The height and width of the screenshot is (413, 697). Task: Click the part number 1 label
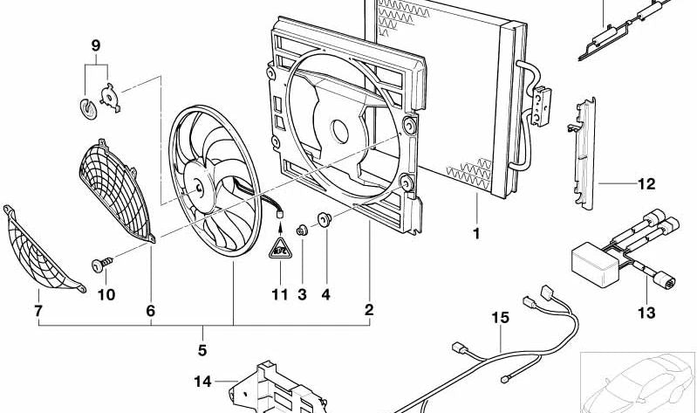[476, 234]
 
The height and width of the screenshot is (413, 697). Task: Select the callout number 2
[369, 310]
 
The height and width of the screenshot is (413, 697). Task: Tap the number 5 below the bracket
[202, 352]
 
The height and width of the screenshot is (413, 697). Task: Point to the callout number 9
[96, 45]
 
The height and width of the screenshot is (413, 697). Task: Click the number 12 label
[646, 184]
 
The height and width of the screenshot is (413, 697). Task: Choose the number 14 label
[202, 381]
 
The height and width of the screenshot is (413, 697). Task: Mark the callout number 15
[498, 318]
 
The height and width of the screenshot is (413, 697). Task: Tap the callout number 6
[150, 311]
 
